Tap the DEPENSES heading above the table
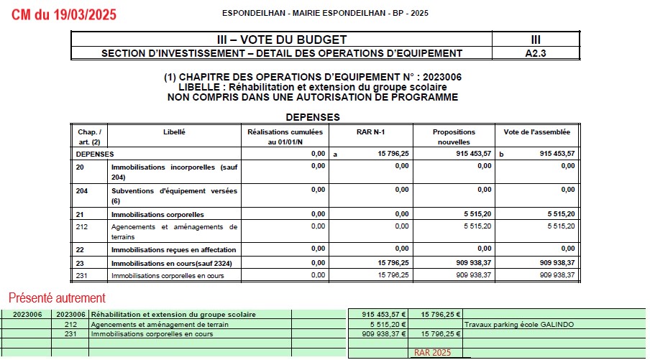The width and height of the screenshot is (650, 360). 313,116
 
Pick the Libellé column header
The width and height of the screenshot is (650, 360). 174,132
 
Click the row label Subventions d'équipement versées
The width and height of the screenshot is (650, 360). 174,190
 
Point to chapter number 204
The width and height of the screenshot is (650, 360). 83,190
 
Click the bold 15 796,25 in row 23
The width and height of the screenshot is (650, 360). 392,263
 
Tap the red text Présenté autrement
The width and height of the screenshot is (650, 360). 57,297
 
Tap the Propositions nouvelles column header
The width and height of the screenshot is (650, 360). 454,137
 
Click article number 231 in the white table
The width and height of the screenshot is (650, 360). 81,274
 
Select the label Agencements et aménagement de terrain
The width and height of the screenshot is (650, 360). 160,324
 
